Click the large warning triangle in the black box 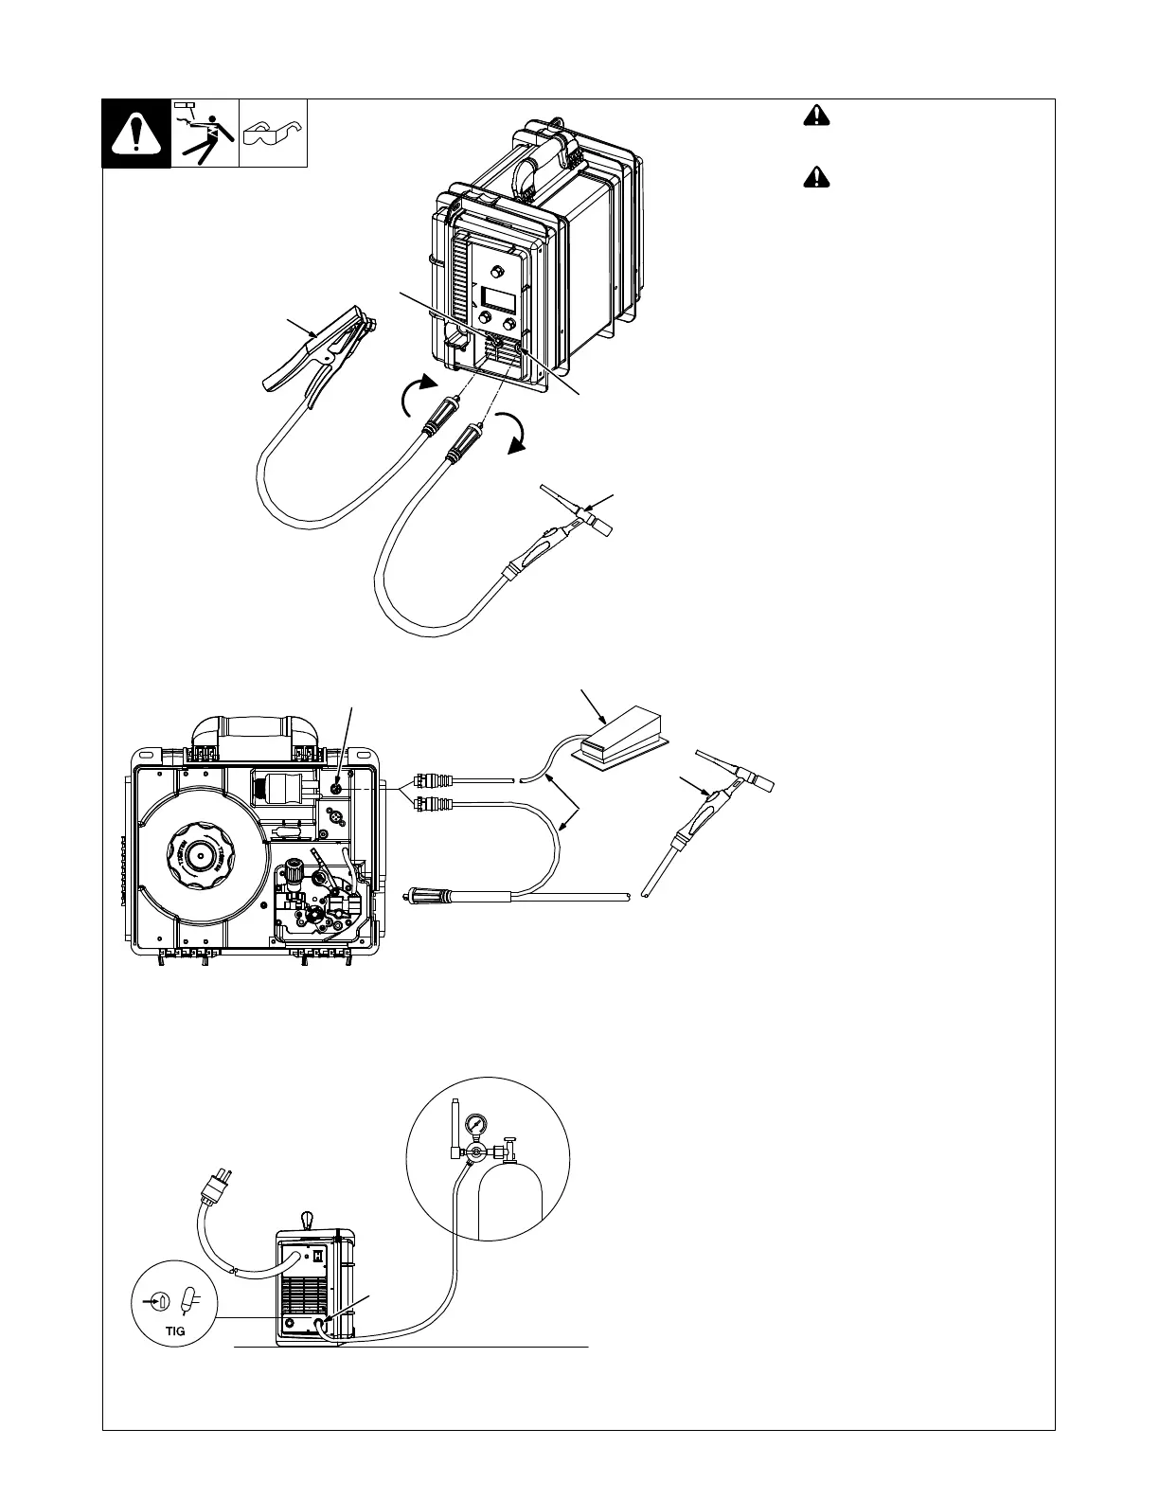coord(136,134)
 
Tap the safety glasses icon coord(273,134)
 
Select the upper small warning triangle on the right coord(814,116)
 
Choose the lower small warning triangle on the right coord(814,176)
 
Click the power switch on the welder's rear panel coord(319,1256)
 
